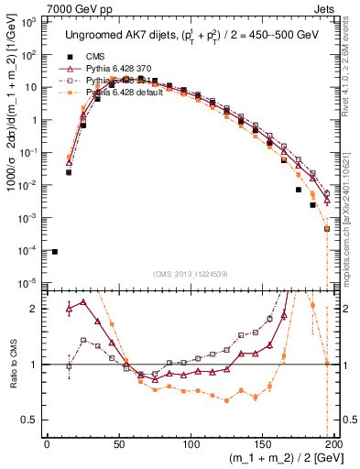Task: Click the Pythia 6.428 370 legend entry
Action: (x=126, y=68)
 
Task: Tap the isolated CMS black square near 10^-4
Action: (x=55, y=251)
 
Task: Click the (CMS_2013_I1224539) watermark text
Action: (x=190, y=273)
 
